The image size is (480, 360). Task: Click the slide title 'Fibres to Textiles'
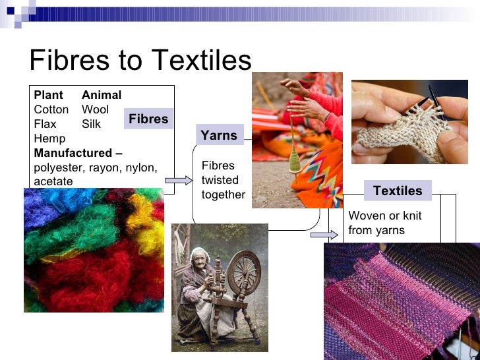pos(140,61)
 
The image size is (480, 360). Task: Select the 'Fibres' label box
pos(148,119)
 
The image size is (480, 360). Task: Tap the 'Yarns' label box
pos(219,135)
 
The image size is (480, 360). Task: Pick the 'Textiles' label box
pos(398,191)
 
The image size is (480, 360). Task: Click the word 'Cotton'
pos(51,109)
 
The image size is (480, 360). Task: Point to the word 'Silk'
pos(92,124)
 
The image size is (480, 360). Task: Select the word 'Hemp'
pos(47,138)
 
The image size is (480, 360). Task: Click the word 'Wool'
pos(95,109)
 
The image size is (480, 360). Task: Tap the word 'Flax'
pos(45,124)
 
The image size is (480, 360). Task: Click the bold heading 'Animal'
pos(102,95)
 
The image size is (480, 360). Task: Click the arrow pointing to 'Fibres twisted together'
pos(178,180)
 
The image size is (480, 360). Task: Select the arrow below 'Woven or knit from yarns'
pos(323,235)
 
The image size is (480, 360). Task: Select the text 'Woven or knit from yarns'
pos(384,223)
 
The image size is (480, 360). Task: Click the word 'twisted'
pos(220,180)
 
